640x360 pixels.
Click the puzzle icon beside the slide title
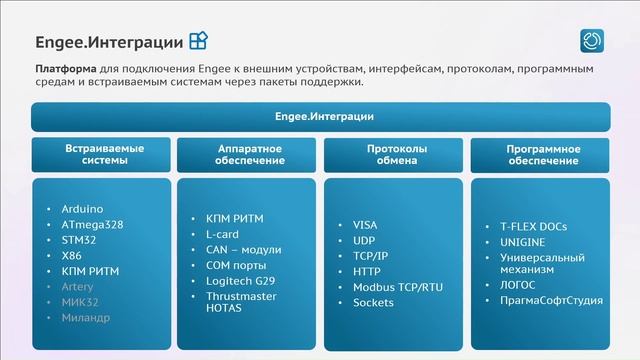tap(199, 41)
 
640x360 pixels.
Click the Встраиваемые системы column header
tap(104, 154)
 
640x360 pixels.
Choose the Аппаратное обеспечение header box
tap(250, 154)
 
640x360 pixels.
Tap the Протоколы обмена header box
tap(396, 154)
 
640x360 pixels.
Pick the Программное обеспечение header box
tap(542, 154)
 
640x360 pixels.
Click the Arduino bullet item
tap(82, 208)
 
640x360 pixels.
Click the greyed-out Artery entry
tap(79, 287)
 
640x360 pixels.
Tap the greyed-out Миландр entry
tap(85, 318)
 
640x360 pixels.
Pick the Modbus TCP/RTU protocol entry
tap(398, 287)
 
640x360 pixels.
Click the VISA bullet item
tap(365, 225)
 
